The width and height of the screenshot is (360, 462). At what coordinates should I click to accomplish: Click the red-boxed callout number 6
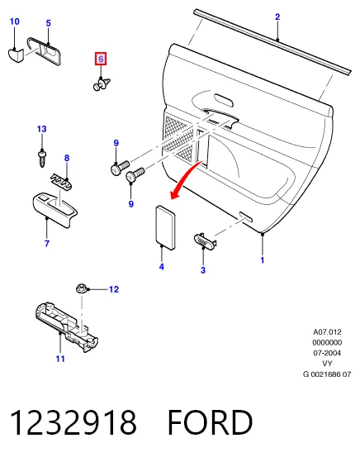click(101, 59)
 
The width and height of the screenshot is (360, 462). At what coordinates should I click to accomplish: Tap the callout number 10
click(14, 21)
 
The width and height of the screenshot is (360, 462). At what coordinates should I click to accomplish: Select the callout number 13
click(42, 129)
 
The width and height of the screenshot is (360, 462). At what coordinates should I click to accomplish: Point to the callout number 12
click(114, 289)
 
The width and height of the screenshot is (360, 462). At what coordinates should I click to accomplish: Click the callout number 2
click(277, 17)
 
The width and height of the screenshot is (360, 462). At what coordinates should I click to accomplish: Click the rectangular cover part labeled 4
click(166, 227)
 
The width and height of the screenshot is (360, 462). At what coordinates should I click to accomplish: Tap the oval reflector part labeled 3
click(205, 241)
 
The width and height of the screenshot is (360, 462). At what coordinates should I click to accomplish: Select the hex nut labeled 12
click(82, 288)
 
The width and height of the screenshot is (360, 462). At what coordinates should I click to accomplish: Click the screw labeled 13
click(42, 159)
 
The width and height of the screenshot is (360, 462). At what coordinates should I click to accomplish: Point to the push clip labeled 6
click(102, 83)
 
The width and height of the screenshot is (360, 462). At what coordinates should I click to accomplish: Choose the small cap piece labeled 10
click(16, 55)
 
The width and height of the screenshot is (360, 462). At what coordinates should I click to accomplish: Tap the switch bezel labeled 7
click(54, 209)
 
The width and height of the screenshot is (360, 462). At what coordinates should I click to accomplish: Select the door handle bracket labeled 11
click(67, 326)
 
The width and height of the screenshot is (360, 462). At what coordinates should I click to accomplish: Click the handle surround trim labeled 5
click(44, 51)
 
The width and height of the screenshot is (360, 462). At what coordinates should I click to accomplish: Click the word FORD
click(211, 422)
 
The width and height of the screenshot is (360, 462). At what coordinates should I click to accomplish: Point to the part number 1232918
click(73, 422)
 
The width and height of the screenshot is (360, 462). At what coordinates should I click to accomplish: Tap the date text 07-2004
click(327, 353)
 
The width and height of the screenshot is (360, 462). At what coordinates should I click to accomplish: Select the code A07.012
click(327, 332)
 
